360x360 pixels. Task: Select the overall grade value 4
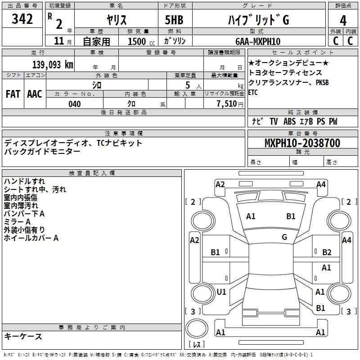pyautogui.click(x=343, y=20)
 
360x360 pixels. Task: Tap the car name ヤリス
pyautogui.click(x=116, y=20)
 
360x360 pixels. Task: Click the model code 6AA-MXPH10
pyautogui.click(x=258, y=41)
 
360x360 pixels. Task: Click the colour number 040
pyautogui.click(x=75, y=104)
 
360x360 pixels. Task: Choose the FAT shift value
pyautogui.click(x=13, y=94)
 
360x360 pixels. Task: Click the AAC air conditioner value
pyautogui.click(x=35, y=94)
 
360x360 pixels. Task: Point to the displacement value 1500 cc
pyautogui.click(x=140, y=41)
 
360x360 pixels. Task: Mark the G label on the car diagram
pyautogui.click(x=284, y=237)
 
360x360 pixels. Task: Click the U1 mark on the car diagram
pyautogui.click(x=221, y=292)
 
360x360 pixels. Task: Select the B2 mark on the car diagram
pyautogui.click(x=327, y=252)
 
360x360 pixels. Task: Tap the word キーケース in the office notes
pyautogui.click(x=23, y=336)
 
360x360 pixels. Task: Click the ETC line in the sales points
pyautogui.click(x=254, y=92)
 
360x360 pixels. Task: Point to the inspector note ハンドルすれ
pyautogui.click(x=24, y=181)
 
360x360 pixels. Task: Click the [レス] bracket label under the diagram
pyautogui.click(x=196, y=345)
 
